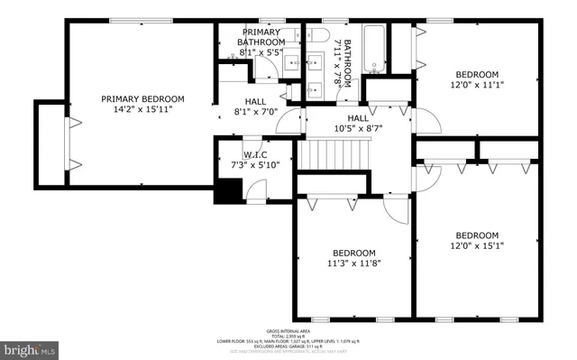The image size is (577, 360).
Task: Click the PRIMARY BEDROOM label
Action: [x=142, y=98]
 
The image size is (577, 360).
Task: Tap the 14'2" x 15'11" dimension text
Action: [x=142, y=109]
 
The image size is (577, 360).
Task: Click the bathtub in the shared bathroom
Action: [x=374, y=49]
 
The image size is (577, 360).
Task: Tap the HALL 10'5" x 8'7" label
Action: [x=358, y=124]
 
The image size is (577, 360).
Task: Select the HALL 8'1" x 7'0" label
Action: [x=256, y=107]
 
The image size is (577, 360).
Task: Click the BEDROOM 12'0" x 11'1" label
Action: [x=476, y=79]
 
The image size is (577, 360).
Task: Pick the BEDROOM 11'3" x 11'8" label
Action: [x=353, y=258]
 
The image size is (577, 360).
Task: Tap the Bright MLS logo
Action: [x=30, y=347]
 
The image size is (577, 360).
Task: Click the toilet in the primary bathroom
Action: [x=287, y=92]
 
